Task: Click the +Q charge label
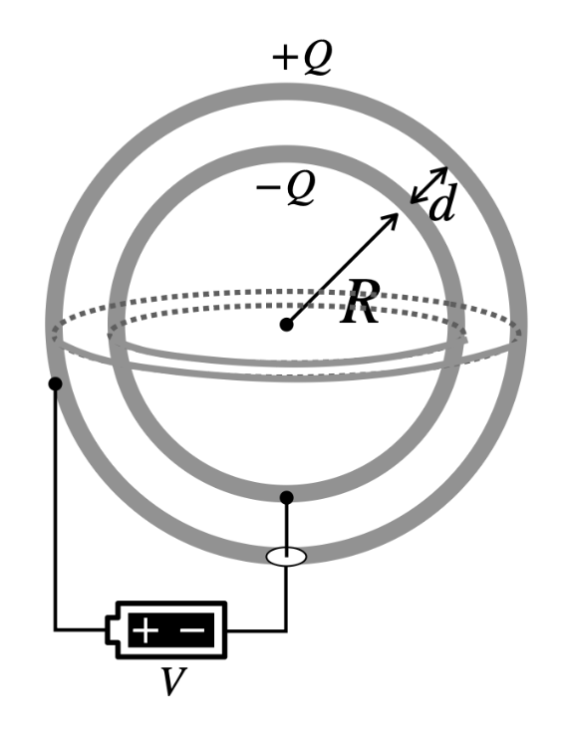coord(301,60)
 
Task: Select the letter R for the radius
coord(360,304)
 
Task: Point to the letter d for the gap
coord(442,205)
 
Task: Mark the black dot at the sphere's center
coord(286,324)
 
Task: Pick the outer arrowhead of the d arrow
coord(441,172)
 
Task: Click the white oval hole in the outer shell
coord(286,557)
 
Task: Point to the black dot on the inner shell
coord(286,497)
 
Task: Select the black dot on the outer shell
coord(55,383)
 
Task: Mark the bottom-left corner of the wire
coord(56,629)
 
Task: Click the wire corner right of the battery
coord(286,629)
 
